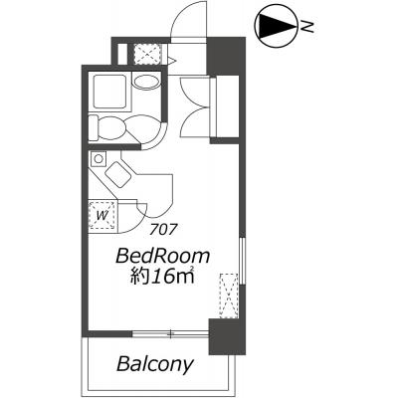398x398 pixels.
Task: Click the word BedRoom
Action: tap(162, 257)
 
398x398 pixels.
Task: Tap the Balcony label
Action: tap(154, 364)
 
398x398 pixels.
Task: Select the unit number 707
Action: tap(162, 229)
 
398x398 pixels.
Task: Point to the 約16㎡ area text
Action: tap(161, 276)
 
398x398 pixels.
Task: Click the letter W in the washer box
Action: tap(102, 216)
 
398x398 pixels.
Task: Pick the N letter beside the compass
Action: tap(308, 26)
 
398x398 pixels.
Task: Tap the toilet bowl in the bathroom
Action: tap(111, 127)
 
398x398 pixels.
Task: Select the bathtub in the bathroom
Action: tap(109, 92)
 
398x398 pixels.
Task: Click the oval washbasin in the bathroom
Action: tap(146, 82)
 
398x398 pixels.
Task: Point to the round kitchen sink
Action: tap(99, 158)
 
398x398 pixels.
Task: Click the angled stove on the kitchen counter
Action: tap(117, 174)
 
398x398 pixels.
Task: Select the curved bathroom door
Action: tap(157, 139)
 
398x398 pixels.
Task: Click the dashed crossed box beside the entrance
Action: tap(147, 54)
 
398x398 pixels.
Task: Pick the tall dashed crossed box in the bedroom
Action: tap(229, 296)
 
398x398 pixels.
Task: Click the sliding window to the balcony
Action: tap(170, 333)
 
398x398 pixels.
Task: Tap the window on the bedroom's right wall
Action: tap(243, 261)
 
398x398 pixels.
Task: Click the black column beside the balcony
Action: tap(227, 336)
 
